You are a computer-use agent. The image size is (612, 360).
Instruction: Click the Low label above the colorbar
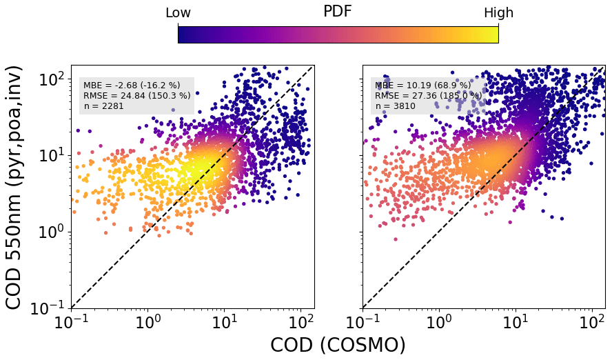tap(178, 13)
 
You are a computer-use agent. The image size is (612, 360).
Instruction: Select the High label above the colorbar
tap(498, 13)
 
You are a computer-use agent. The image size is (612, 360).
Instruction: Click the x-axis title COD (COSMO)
tap(338, 345)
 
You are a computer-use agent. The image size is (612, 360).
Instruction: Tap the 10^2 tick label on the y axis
tap(51, 79)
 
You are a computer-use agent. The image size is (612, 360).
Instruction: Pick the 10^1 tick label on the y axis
tap(51, 155)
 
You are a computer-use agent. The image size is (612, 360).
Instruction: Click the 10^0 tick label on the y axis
tap(51, 232)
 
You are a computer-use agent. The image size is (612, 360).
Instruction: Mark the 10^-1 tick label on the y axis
tap(50, 308)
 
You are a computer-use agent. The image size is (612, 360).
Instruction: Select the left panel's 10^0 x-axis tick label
tap(147, 321)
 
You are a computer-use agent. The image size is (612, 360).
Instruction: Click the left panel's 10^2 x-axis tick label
tap(300, 321)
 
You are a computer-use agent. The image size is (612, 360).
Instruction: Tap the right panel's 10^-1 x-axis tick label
tap(363, 321)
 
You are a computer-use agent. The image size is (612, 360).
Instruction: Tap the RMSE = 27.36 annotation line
tap(428, 95)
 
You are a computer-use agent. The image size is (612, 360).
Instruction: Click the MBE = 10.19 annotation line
tap(422, 86)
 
